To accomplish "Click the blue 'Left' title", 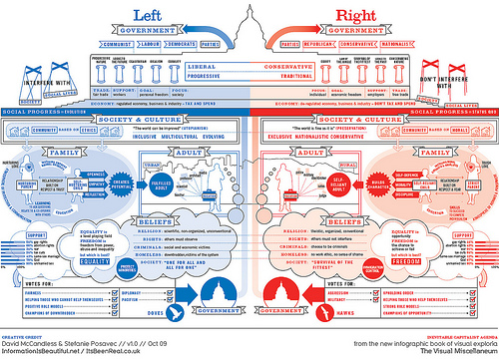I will pyautogui.click(x=166, y=19).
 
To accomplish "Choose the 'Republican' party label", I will pyautogui.click(x=332, y=44).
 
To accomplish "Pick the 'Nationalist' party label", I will pyautogui.click(x=412, y=44).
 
